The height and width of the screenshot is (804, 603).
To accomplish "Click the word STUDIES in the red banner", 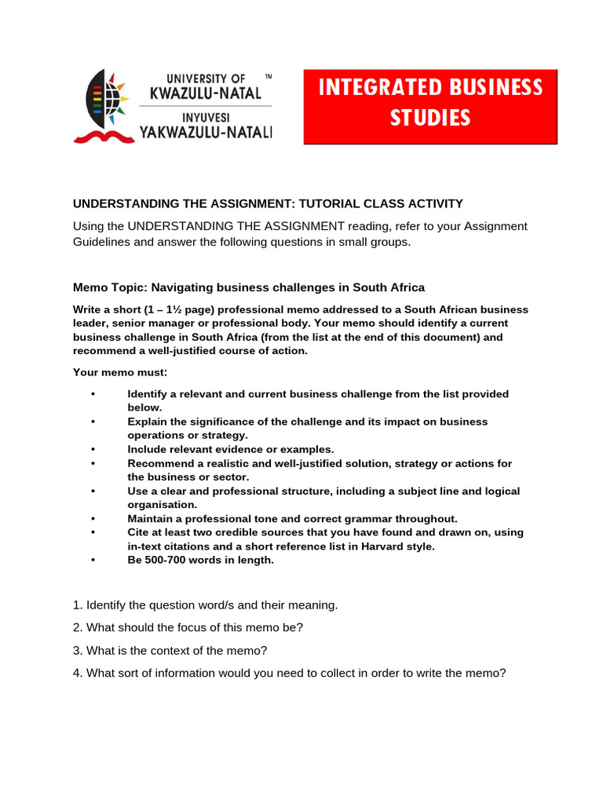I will (x=430, y=118).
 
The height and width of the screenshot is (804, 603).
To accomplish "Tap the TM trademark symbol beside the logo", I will (x=269, y=77).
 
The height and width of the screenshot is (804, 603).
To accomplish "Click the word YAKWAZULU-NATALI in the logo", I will (x=206, y=133).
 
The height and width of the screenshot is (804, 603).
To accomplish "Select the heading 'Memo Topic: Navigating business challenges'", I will (x=249, y=287).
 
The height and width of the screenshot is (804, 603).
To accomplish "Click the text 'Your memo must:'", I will (x=120, y=372).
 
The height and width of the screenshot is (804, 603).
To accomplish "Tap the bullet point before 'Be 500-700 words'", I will (x=93, y=561).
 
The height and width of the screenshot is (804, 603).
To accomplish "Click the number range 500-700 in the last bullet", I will (x=169, y=561).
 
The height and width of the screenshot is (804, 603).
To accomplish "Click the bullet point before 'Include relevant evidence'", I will (x=93, y=450).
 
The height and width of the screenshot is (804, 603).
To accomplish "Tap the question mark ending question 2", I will (x=300, y=628).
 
